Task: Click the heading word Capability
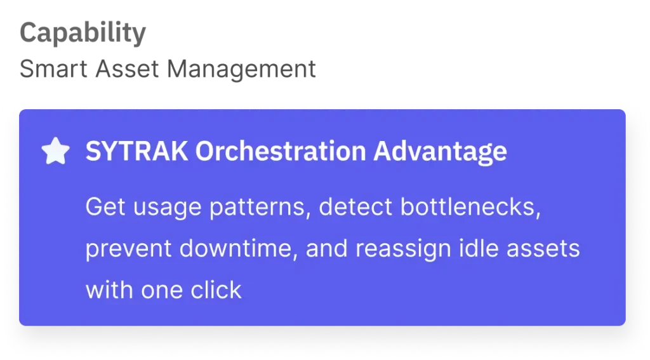tap(83, 33)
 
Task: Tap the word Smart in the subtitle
tap(53, 69)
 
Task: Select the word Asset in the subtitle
tap(127, 69)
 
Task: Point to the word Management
tap(241, 70)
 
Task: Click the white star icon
tap(56, 151)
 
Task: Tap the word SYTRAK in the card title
tap(136, 151)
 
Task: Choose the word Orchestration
tap(281, 151)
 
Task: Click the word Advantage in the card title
tap(441, 152)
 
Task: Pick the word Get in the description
tap(105, 206)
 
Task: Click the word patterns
tap(260, 208)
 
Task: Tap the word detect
tap(355, 206)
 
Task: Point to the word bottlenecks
tap(470, 206)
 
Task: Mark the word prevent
tap(128, 250)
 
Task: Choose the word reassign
tap(402, 250)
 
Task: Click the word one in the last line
tap(162, 291)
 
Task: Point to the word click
tap(216, 290)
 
